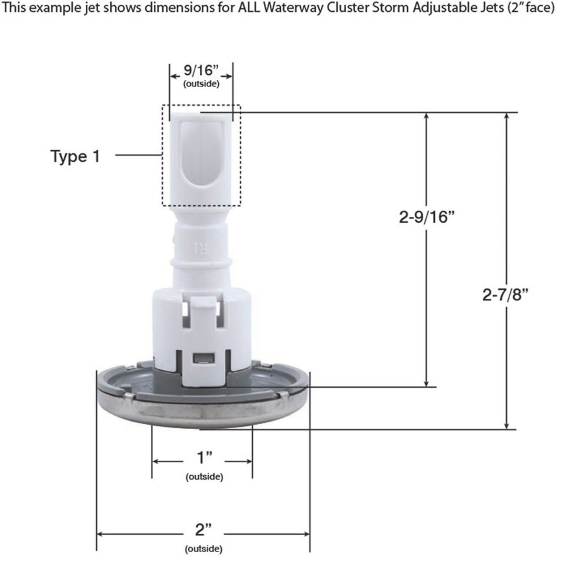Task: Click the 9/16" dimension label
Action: point(201,71)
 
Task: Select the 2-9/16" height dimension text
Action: point(424,217)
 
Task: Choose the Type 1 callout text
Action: point(75,156)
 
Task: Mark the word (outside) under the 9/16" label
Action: point(201,84)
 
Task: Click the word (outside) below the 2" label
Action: point(204,549)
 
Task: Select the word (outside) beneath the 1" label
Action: point(204,477)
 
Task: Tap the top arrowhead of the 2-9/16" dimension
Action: point(426,117)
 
